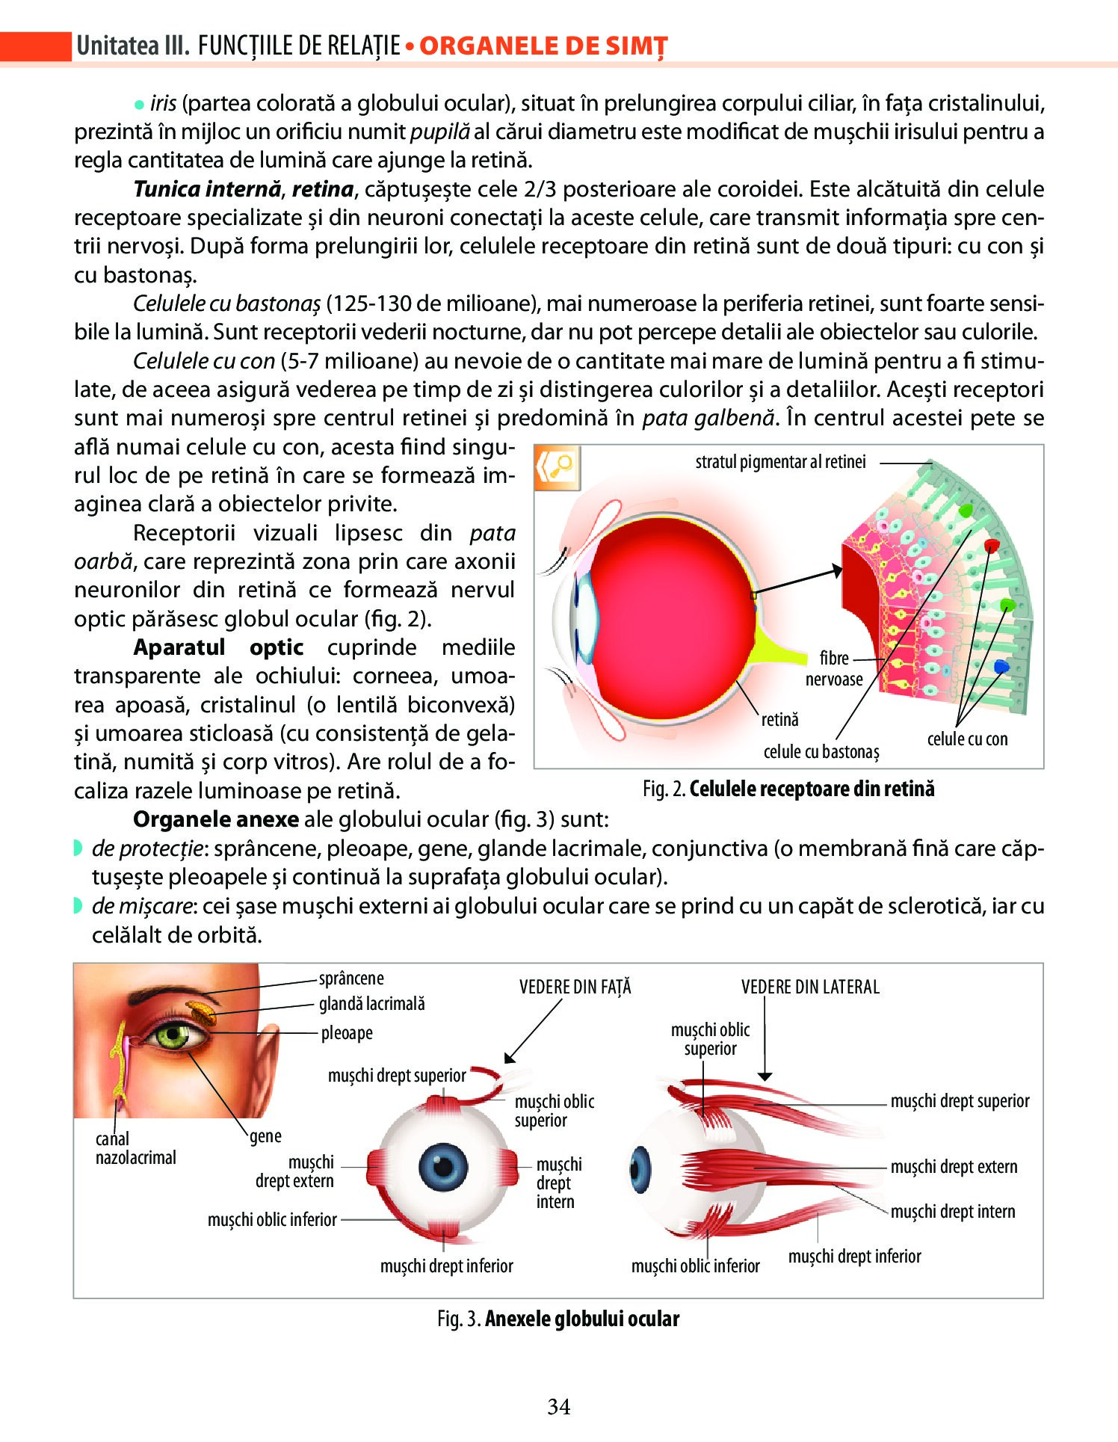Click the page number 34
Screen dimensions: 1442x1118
click(559, 1406)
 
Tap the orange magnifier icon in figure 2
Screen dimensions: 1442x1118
click(558, 468)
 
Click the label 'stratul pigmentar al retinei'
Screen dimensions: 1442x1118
click(780, 462)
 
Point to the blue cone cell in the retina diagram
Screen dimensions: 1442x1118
click(1001, 666)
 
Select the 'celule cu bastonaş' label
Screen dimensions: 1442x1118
click(821, 751)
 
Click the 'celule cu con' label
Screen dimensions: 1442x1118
click(967, 739)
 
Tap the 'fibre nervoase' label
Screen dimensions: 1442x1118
click(834, 668)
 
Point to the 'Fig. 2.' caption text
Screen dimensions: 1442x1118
click(664, 789)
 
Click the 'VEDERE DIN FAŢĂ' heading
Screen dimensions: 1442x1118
click(575, 987)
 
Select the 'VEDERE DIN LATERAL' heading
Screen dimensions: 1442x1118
click(810, 987)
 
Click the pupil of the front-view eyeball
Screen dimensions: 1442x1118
click(443, 1167)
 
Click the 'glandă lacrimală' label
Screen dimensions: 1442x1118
click(371, 1004)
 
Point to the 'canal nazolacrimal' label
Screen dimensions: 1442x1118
click(135, 1148)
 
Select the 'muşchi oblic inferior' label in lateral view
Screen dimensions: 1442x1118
click(695, 1266)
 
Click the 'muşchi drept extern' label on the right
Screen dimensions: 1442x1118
click(954, 1167)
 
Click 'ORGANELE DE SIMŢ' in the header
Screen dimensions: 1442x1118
click(543, 46)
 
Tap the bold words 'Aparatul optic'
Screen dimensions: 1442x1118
click(218, 647)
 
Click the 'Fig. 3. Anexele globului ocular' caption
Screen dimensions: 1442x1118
click(558, 1319)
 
